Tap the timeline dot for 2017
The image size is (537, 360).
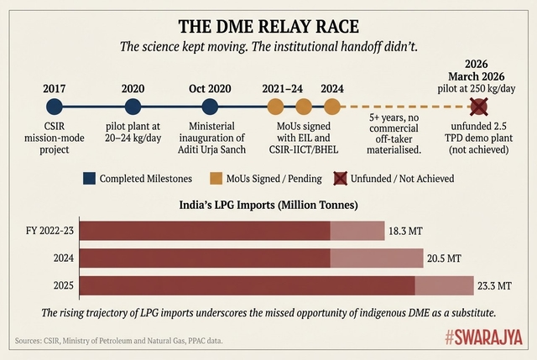(x=55, y=107)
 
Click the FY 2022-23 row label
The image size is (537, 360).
(x=50, y=230)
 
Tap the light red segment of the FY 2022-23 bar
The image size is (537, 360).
(x=357, y=230)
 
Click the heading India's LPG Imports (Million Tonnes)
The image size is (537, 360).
(x=268, y=204)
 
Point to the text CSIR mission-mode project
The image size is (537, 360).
(x=55, y=138)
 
